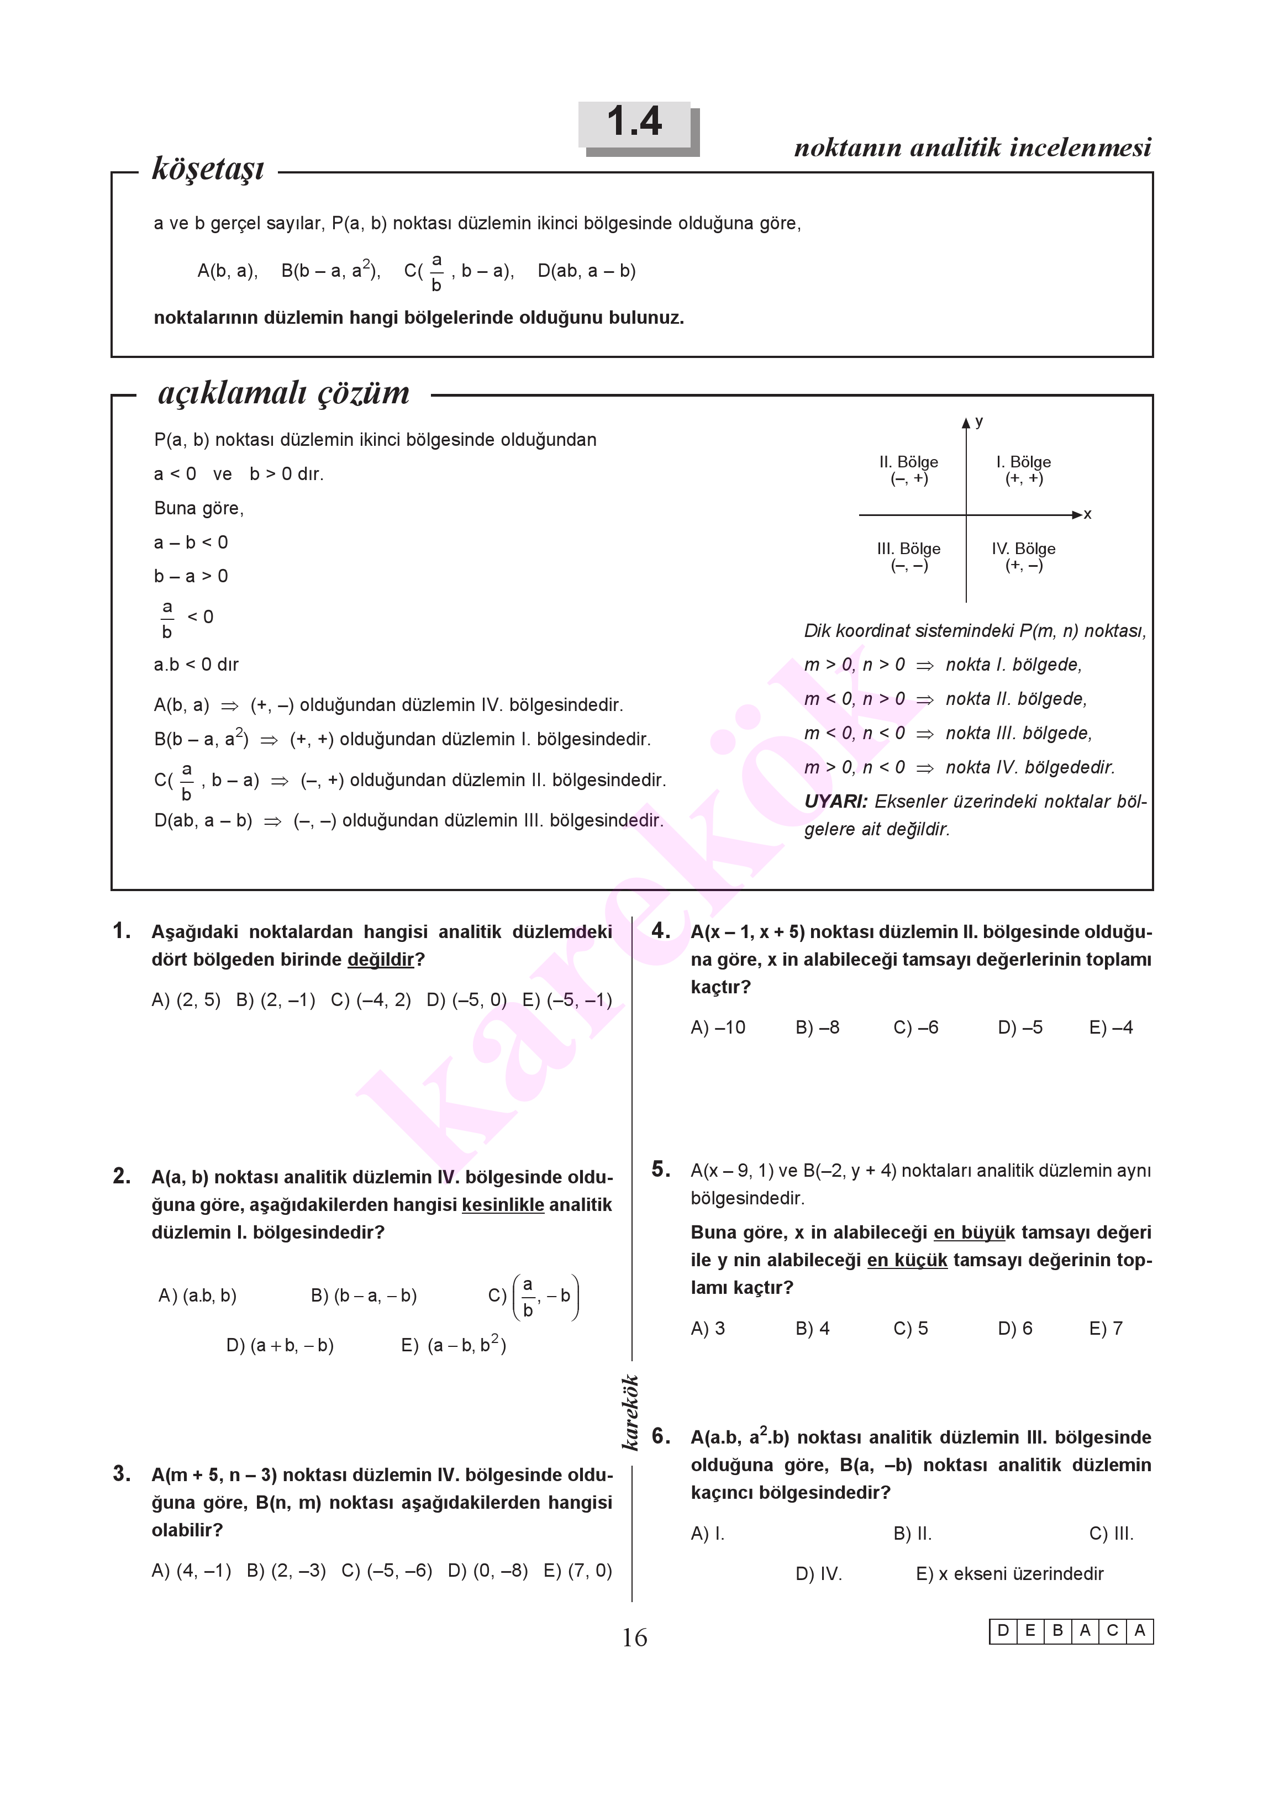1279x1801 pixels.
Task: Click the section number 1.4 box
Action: (635, 124)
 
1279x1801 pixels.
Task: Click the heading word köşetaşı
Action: (208, 168)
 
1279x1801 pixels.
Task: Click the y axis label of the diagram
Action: (979, 422)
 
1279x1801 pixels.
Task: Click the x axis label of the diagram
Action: (1088, 515)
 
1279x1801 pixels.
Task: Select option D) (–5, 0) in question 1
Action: (466, 1000)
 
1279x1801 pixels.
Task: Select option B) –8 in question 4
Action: (818, 1028)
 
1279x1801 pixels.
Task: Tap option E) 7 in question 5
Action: (1106, 1329)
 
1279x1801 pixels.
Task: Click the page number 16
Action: (635, 1638)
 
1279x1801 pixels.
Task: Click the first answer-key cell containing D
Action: (1003, 1631)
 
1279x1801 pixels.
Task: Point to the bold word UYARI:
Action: (835, 802)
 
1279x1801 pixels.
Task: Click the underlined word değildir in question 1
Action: (381, 960)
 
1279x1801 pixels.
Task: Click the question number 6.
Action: (661, 1436)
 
